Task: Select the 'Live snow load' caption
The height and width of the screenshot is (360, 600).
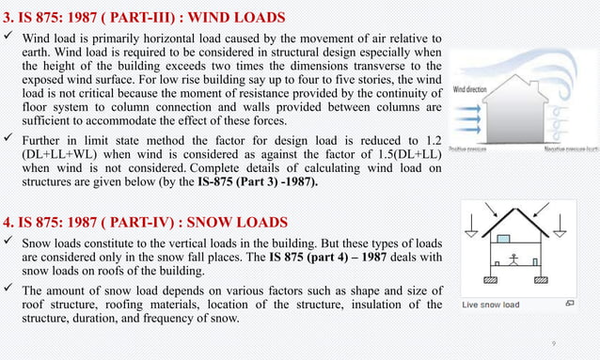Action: pyautogui.click(x=491, y=305)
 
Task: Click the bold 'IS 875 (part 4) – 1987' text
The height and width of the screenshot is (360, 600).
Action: pyautogui.click(x=368, y=257)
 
